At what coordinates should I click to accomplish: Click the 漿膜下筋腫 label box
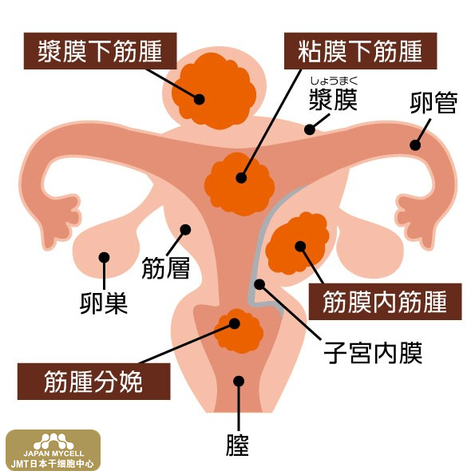click(100, 51)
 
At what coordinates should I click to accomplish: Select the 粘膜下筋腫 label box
click(360, 51)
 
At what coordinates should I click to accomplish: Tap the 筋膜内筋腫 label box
click(385, 302)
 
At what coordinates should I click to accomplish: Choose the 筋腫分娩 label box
click(94, 382)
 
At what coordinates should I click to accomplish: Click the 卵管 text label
click(433, 103)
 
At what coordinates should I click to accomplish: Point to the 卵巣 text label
click(104, 303)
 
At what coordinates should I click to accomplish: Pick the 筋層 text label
click(166, 267)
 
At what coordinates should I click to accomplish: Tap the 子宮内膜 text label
click(373, 353)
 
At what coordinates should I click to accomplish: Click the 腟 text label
click(238, 445)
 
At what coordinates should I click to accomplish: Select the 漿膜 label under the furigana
click(333, 100)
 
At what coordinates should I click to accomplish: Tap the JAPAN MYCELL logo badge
click(53, 449)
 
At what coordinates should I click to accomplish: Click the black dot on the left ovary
click(104, 258)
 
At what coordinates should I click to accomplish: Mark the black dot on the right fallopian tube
click(415, 145)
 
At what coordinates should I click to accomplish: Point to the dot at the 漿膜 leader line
click(310, 129)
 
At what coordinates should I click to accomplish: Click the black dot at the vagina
click(239, 381)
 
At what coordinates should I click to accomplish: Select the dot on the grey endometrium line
click(259, 284)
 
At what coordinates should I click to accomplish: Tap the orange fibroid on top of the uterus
click(214, 90)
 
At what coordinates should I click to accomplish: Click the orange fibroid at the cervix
click(239, 331)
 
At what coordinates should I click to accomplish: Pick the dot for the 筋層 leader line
click(185, 230)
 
